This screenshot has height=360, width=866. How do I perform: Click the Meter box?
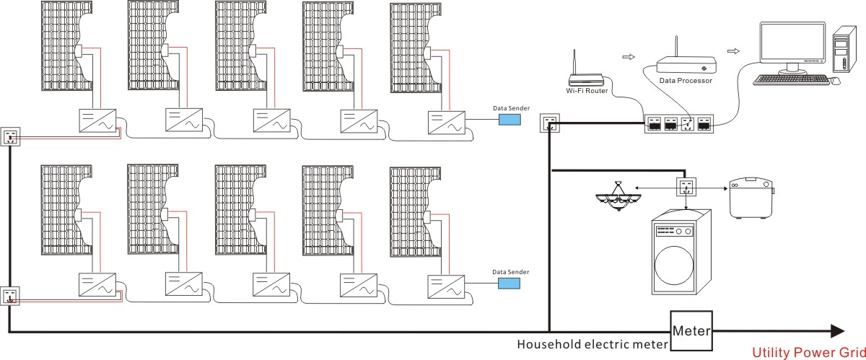pos(691,331)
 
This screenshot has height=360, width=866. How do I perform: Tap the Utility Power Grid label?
pos(808,353)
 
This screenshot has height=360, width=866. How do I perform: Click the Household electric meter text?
pos(592,344)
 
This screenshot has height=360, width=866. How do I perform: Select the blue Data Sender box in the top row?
pos(509,120)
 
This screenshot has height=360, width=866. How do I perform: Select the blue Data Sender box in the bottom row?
pos(509,284)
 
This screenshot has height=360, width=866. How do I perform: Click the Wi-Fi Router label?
pos(587,91)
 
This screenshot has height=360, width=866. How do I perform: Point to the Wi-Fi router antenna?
pos(574,62)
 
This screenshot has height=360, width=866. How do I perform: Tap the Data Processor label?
pos(686,80)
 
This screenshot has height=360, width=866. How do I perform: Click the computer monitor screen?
pos(792,43)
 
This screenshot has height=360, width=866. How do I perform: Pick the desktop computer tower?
pos(844,49)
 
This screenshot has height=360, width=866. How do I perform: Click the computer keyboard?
pos(792,79)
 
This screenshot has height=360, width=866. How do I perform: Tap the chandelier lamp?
pos(618,196)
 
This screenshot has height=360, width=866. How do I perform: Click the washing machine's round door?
pos(674,265)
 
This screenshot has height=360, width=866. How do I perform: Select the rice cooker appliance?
pos(751,198)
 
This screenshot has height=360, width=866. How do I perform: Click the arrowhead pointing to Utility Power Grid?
pos(837,331)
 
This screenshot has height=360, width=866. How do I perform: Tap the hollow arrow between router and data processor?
pos(629,57)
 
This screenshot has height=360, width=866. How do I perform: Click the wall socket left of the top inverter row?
pos(10,136)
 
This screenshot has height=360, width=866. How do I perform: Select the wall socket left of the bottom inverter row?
pos(9,297)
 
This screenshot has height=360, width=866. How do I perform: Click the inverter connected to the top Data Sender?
pos(447,123)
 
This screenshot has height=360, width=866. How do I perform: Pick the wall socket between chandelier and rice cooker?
pos(686,187)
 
